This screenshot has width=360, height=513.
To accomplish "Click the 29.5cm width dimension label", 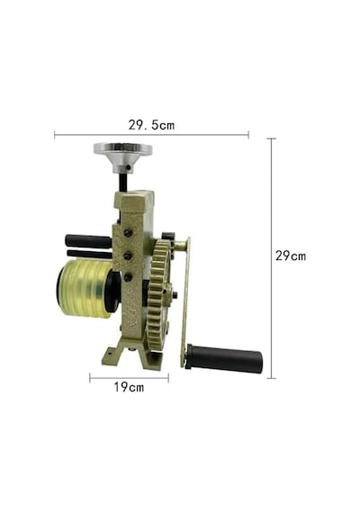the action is [151, 125].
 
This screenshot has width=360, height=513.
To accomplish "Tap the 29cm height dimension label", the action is [291, 256].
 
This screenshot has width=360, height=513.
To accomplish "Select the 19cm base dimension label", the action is [129, 387].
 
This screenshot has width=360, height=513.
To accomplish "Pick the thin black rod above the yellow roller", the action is [89, 254].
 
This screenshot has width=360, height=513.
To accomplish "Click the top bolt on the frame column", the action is [128, 233].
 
